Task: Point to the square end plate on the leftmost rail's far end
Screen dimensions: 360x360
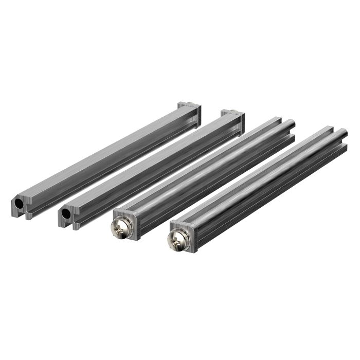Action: pyautogui.click(x=190, y=110)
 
